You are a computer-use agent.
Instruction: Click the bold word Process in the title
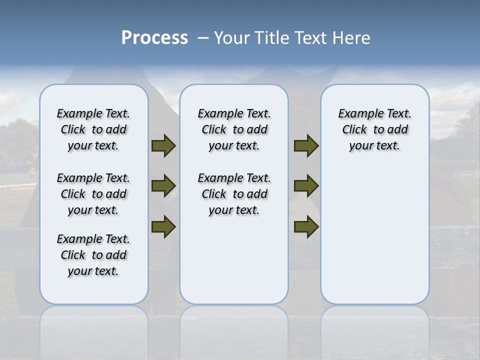click(154, 38)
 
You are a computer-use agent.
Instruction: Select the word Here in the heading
click(352, 38)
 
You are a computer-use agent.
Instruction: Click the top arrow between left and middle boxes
click(163, 145)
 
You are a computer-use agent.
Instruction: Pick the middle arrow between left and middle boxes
click(163, 186)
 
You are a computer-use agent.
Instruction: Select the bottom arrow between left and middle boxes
click(163, 226)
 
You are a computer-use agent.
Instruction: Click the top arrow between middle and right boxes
click(306, 145)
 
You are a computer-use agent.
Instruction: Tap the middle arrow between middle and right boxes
click(306, 186)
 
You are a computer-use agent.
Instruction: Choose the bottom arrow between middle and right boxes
click(306, 226)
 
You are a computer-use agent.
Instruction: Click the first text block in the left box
click(93, 129)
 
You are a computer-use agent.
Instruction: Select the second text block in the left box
click(93, 194)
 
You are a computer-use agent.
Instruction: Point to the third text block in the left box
click(93, 255)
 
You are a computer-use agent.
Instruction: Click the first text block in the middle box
click(234, 129)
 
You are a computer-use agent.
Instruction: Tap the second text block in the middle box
click(234, 194)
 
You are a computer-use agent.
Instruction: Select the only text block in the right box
click(375, 129)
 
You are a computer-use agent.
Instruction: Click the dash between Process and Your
click(203, 38)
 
